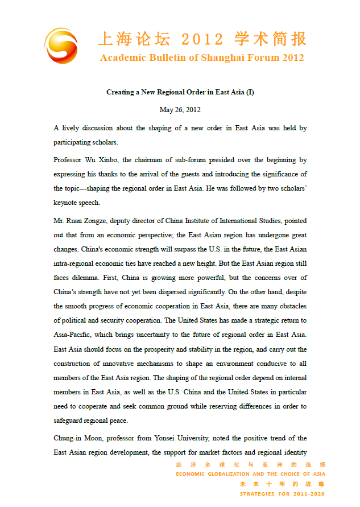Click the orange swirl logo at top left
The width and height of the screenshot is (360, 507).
[x=62, y=46]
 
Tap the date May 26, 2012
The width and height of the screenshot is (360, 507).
[x=180, y=110]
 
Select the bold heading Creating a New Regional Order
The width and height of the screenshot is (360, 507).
[x=180, y=92]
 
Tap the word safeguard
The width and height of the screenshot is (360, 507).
[x=71, y=421]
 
